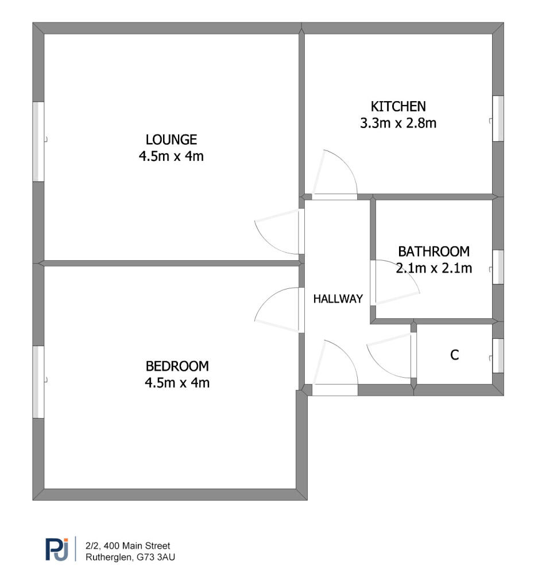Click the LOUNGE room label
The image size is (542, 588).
[x=171, y=140]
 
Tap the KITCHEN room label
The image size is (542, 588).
[x=398, y=106]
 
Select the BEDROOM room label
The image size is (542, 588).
[x=177, y=366]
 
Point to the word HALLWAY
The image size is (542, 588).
[x=338, y=299]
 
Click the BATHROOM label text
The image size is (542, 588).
[x=433, y=252]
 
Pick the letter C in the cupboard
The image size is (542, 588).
[x=454, y=355]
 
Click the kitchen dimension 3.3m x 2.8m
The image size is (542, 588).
[x=398, y=123]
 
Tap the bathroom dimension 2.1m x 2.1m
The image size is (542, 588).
[x=434, y=268]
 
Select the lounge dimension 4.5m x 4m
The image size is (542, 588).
[x=171, y=156]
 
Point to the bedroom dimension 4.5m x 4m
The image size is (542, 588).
[x=177, y=383]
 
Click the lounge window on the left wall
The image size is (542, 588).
[x=38, y=142]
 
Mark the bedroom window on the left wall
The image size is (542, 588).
[x=38, y=382]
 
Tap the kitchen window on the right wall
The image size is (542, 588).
[x=498, y=118]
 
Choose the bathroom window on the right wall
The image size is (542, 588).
[x=498, y=267]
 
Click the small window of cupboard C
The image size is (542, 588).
[x=498, y=355]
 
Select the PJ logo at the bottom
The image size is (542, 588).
[x=57, y=550]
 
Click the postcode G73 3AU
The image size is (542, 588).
[x=156, y=557]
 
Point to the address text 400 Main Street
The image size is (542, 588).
[x=137, y=546]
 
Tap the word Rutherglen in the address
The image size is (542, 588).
[x=109, y=557]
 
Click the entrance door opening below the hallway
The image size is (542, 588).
[x=335, y=390]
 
